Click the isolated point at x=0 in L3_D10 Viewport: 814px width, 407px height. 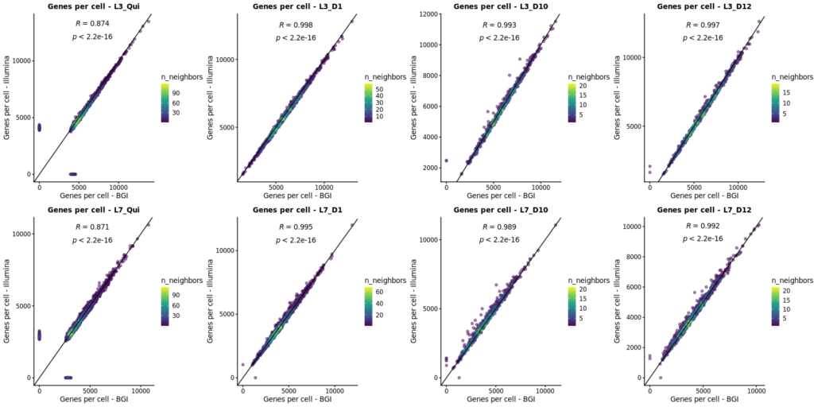coord(446,161)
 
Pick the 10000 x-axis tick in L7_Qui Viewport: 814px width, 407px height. coord(141,390)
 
